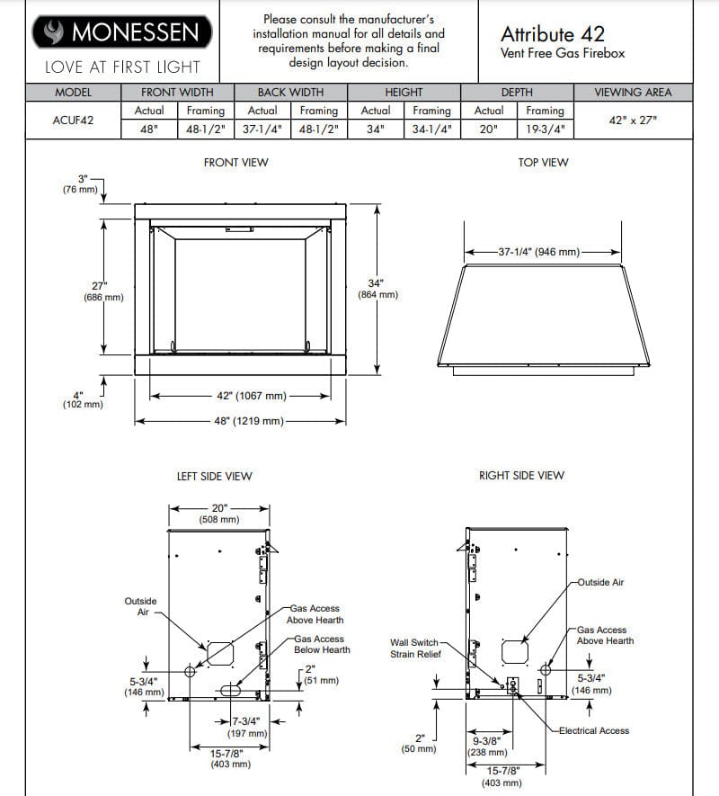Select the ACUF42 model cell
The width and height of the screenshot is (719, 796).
73,120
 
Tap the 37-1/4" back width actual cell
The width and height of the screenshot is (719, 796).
262,129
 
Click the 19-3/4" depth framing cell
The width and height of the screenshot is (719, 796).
545,129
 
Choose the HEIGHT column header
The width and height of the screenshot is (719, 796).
404,93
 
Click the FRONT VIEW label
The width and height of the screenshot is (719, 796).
235,163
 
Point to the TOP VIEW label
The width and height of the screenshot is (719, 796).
543,163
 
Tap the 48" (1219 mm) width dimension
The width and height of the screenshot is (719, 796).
249,421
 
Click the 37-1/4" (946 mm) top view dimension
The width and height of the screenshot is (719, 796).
539,252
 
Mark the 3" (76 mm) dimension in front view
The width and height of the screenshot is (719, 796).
82,183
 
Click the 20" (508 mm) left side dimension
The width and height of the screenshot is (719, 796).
219,514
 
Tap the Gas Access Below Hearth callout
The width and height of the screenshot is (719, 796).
322,644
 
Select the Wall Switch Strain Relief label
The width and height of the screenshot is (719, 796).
413,648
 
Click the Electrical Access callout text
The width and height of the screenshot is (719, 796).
593,730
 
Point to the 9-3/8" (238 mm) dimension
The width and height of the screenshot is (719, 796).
487,746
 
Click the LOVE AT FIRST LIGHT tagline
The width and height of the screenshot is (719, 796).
122,67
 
